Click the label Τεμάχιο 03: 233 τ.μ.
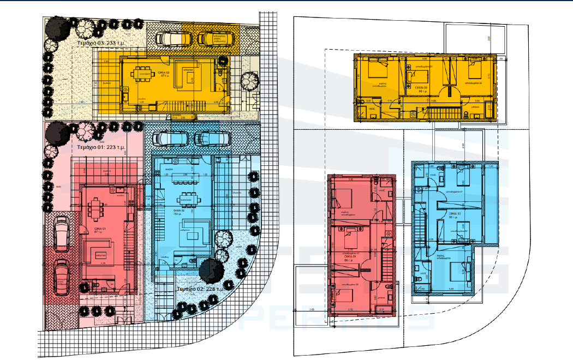[x=101, y=42]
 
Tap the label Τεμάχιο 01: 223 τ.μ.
[x=100, y=147]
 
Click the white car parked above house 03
[x=174, y=38]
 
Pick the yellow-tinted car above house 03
[x=217, y=38]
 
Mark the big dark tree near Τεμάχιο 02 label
[x=211, y=271]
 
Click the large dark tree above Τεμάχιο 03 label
[x=57, y=26]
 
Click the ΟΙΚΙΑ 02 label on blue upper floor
[x=456, y=214]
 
